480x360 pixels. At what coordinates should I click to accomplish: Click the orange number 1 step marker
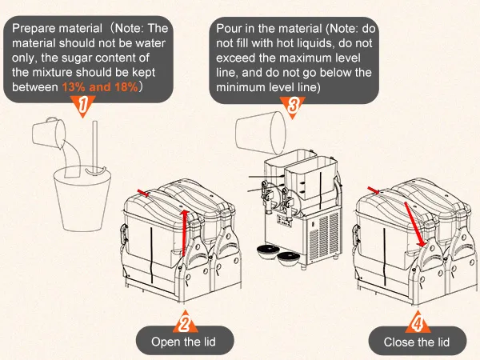[84, 105]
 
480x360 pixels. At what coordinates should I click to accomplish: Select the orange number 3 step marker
[293, 105]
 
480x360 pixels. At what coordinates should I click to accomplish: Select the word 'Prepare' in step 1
[31, 30]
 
